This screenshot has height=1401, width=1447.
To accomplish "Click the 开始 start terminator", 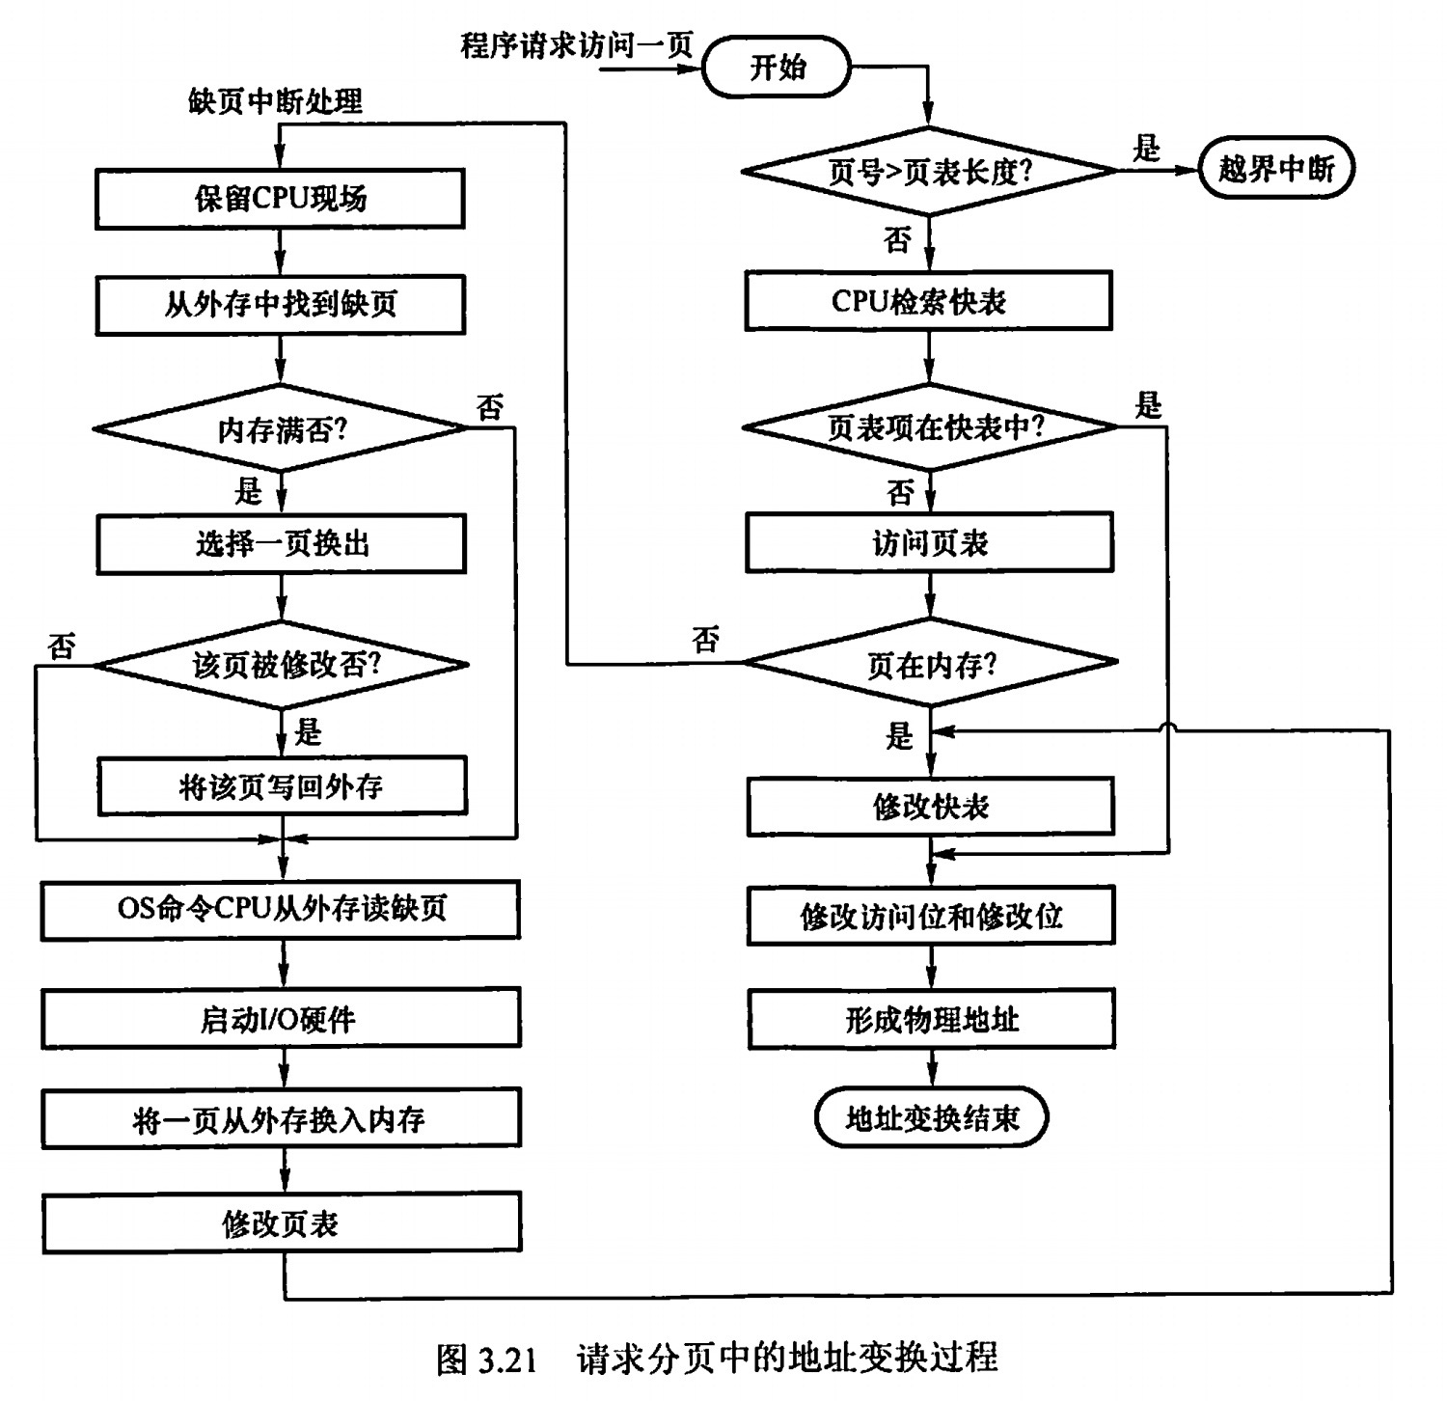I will [x=777, y=69].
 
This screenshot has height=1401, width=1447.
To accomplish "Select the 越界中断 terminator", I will [x=1275, y=169].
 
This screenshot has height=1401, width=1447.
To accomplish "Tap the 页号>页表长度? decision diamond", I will [x=929, y=172].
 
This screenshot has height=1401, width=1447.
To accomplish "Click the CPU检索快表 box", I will [x=928, y=302].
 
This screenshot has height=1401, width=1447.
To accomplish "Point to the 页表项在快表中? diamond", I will [x=930, y=426].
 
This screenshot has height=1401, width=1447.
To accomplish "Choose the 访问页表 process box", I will [x=929, y=543].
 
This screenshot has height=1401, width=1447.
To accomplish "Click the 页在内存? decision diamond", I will [x=930, y=664].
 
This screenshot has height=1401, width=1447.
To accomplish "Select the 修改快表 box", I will [x=931, y=807].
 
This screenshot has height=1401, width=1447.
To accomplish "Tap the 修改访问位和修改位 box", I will [x=931, y=916].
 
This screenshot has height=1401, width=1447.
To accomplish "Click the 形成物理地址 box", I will [x=931, y=1019].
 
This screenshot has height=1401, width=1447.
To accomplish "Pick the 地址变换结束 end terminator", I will [x=931, y=1118].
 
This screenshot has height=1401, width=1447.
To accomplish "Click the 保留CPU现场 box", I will [x=280, y=199].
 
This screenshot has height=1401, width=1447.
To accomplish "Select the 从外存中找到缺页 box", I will [x=280, y=305].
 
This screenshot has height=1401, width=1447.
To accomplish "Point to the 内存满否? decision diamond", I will [x=280, y=428].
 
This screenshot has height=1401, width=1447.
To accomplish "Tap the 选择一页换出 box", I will [x=281, y=544].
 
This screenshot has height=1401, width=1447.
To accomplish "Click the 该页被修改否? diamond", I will [x=281, y=665].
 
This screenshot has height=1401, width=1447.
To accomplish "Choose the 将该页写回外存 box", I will [x=282, y=786].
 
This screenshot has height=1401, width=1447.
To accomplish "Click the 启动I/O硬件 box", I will [x=281, y=1019].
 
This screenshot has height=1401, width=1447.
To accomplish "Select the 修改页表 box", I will [x=282, y=1223].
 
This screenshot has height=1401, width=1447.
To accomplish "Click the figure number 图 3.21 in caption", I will [x=485, y=1359].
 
